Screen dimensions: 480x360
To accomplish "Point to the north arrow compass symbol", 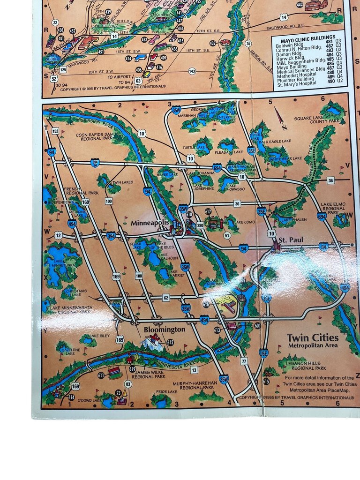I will (x=281, y=119).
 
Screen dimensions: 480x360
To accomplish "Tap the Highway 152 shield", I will (x=55, y=131).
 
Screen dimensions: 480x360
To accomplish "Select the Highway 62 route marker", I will (x=166, y=297).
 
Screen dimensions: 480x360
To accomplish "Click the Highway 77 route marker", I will (x=244, y=361).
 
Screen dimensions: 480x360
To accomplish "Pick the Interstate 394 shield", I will (x=111, y=236).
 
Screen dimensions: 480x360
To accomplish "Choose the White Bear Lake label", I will (x=285, y=158).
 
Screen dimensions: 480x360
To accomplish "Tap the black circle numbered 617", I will (x=208, y=212).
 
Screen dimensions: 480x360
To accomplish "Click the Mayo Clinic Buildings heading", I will (x=309, y=37).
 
